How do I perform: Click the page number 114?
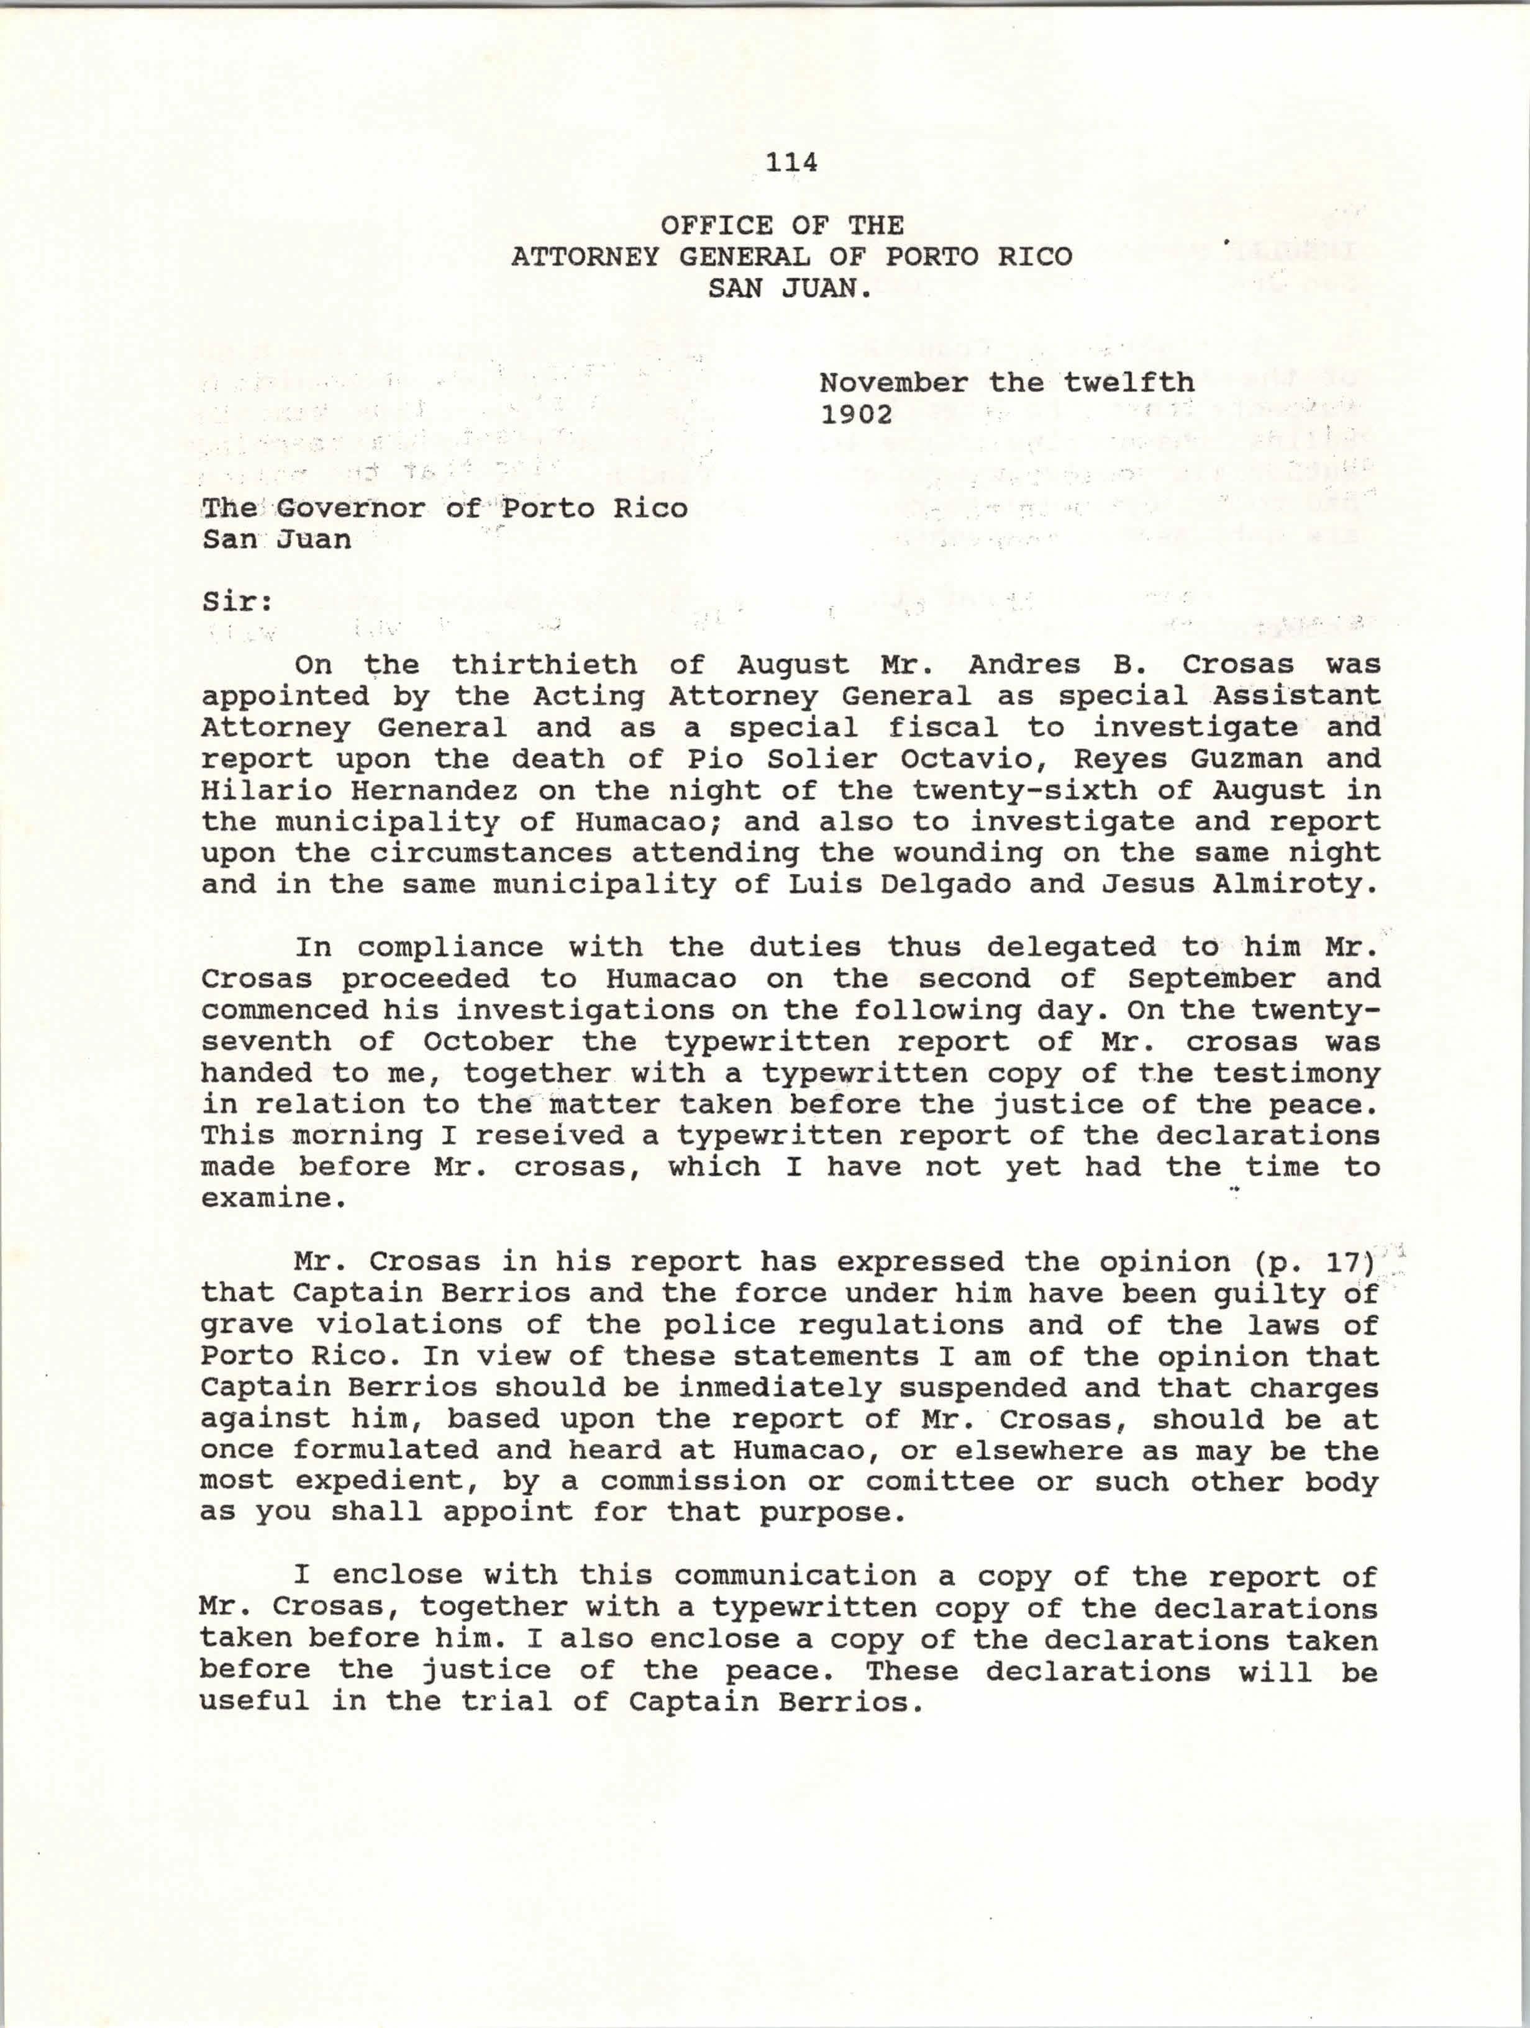pos(791,162)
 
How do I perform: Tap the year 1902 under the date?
pos(857,415)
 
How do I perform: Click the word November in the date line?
pos(893,382)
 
